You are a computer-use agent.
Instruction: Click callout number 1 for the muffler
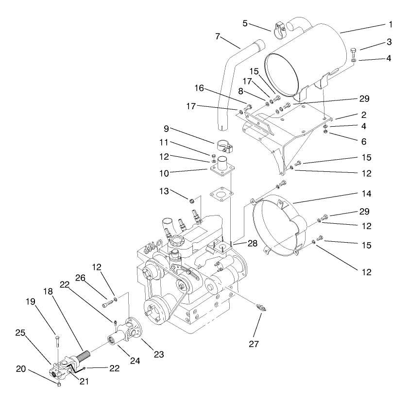coord(390,24)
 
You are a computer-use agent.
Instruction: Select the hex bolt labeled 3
coord(354,50)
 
